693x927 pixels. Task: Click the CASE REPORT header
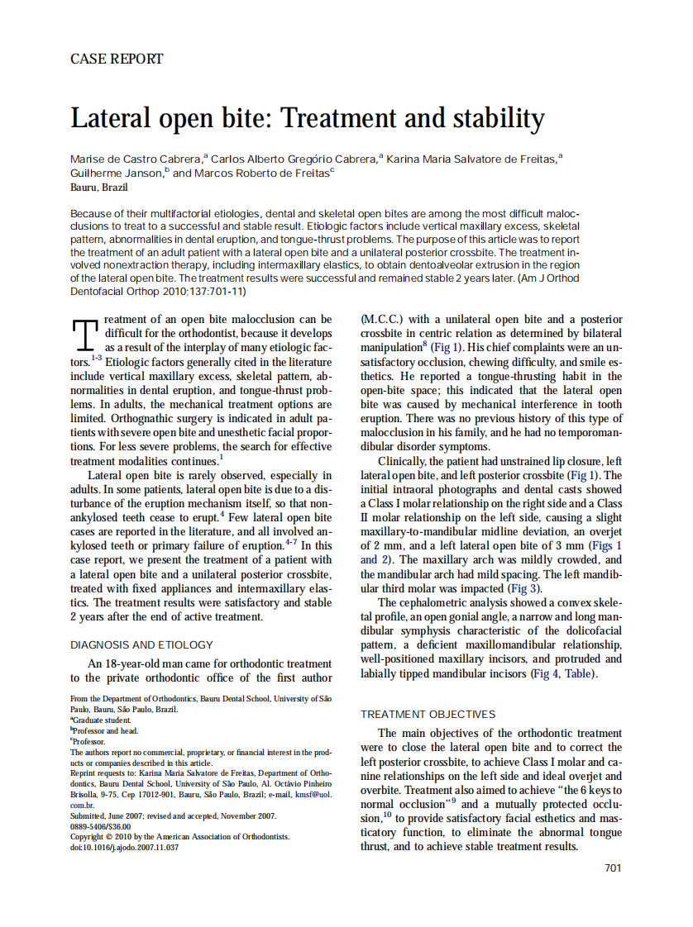pyautogui.click(x=117, y=59)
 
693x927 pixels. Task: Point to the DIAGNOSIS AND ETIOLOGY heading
pyautogui.click(x=141, y=644)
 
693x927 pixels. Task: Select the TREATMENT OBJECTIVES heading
pyautogui.click(x=428, y=714)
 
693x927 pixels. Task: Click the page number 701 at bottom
pyautogui.click(x=612, y=867)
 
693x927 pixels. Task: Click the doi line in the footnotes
pyautogui.click(x=124, y=847)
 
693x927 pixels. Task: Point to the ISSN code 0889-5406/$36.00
pyautogui.click(x=100, y=825)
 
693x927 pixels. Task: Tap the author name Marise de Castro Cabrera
pyautogui.click(x=136, y=158)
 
